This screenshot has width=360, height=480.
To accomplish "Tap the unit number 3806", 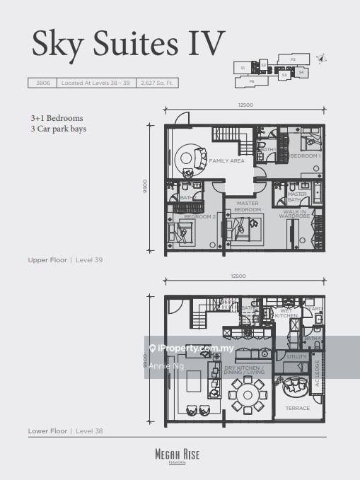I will click(40, 83).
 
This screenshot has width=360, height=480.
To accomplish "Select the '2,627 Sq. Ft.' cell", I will click(158, 83).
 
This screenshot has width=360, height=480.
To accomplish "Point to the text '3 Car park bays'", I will click(58, 129).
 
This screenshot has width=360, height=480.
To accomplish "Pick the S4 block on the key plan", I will click(301, 71).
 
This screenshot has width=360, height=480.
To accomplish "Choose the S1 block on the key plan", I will click(243, 68).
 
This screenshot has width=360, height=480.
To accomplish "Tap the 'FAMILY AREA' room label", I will click(226, 161).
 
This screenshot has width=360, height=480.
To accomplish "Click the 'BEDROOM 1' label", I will click(306, 156).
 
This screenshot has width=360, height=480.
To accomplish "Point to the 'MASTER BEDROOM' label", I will click(248, 206).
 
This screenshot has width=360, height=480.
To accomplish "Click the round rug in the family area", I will click(190, 157).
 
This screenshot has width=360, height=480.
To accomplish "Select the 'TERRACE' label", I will click(298, 409).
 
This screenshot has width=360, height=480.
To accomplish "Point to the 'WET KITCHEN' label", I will click(287, 313).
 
